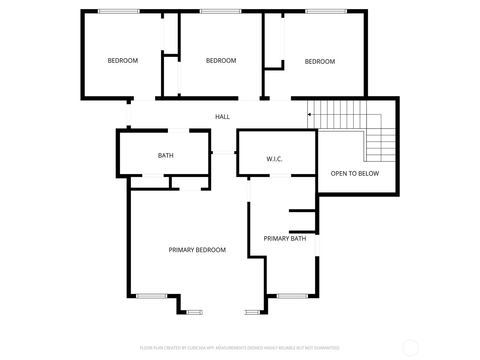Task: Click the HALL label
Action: tap(222, 117)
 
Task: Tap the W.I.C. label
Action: tap(274, 159)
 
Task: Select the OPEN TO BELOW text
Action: tap(355, 173)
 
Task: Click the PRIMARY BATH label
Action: tap(285, 238)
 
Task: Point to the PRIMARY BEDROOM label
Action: tap(197, 250)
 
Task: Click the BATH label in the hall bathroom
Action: tap(166, 155)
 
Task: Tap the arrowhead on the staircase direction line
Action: tap(309, 114)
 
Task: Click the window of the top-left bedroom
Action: tap(118, 11)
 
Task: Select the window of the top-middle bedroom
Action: tap(220, 11)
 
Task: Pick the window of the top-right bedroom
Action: tap(326, 11)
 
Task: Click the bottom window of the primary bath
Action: tap(292, 296)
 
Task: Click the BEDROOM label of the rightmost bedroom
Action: tap(320, 61)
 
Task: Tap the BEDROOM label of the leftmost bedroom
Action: tap(123, 61)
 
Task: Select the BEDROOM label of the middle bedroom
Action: tap(221, 61)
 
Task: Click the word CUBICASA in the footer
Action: tap(196, 348)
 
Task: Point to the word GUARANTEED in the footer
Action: tap(327, 348)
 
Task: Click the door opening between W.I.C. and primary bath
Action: tap(280, 175)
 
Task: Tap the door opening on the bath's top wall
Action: tap(178, 131)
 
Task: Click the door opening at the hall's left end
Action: tap(129, 115)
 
